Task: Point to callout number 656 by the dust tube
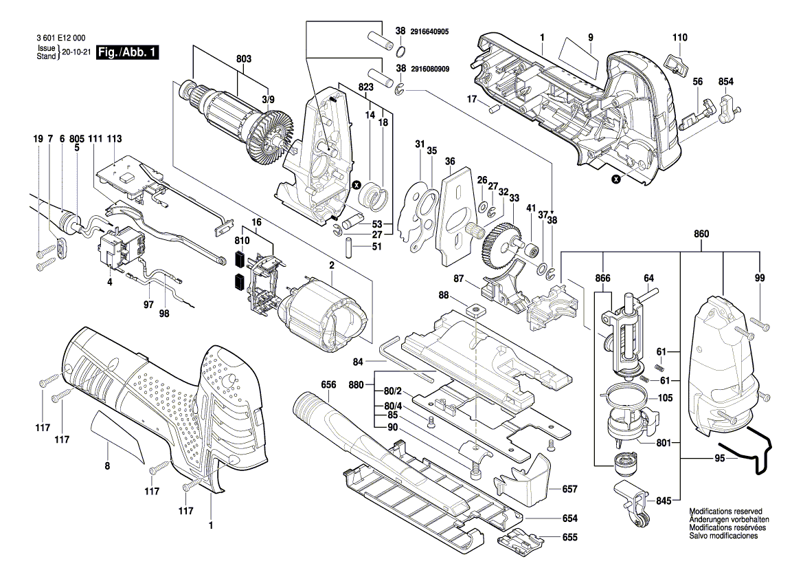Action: coord(329,386)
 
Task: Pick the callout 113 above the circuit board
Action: coord(114,138)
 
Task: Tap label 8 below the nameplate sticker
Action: coord(107,465)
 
